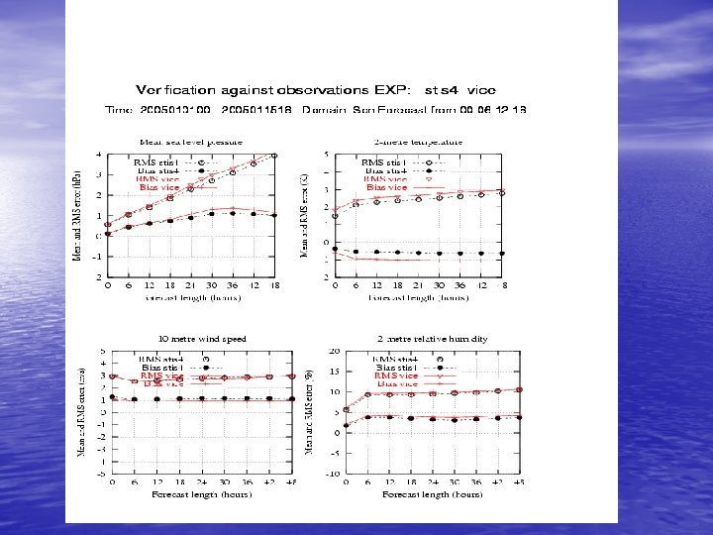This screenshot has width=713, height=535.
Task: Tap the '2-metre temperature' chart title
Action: tap(419, 141)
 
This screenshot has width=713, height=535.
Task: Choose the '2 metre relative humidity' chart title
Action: tap(432, 338)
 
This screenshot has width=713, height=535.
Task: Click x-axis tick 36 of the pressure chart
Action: tap(232, 285)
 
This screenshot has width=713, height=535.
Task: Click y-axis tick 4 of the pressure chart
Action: tap(98, 154)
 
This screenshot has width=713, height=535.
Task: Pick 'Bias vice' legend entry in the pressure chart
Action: tap(160, 186)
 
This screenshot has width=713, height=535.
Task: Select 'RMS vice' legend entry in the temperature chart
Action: tap(387, 178)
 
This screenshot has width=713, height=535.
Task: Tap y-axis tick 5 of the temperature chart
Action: tap(326, 154)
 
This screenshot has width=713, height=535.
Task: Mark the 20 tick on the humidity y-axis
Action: tap(335, 351)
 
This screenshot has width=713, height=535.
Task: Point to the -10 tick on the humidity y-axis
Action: tap(333, 474)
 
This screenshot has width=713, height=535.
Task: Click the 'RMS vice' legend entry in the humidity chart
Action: tap(396, 375)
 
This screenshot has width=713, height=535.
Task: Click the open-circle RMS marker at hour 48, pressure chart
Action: tap(274, 155)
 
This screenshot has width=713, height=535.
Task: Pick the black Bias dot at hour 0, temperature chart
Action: tap(335, 249)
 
